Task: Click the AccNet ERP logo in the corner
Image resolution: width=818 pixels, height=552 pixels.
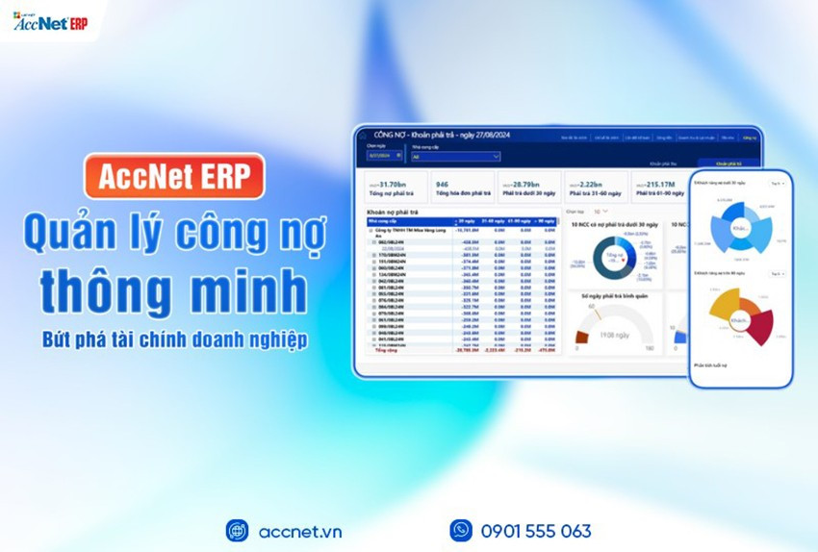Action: click(x=50, y=21)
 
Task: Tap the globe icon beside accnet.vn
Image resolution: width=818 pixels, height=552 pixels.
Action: click(x=237, y=531)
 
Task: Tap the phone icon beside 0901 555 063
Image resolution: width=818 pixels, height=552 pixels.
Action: click(x=461, y=531)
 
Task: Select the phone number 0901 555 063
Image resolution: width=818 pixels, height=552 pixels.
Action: click(x=536, y=531)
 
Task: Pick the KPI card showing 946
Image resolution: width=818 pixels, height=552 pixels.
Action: click(x=463, y=188)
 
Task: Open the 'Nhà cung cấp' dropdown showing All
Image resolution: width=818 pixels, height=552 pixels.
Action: click(x=455, y=156)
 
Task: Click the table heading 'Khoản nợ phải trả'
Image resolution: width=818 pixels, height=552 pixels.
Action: click(x=395, y=212)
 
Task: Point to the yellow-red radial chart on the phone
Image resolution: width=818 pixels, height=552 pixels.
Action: click(x=741, y=318)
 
